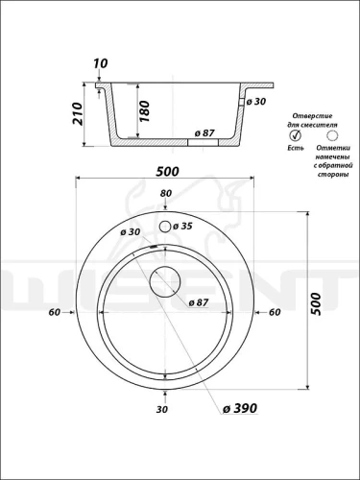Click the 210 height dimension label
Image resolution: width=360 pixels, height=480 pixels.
77,113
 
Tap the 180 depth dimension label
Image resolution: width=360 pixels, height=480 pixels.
144,111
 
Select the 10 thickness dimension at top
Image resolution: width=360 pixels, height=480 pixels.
101,63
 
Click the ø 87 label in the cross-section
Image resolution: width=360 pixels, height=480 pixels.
204,132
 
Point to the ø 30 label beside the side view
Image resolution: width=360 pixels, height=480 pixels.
255,102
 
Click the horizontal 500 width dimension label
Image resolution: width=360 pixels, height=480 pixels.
167,172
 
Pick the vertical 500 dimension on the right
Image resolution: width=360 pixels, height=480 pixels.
316,304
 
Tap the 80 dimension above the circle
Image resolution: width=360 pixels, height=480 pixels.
166,193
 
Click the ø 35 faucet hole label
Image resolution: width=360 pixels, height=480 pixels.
182,227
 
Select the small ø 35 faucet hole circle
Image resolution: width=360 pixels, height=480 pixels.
165,227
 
